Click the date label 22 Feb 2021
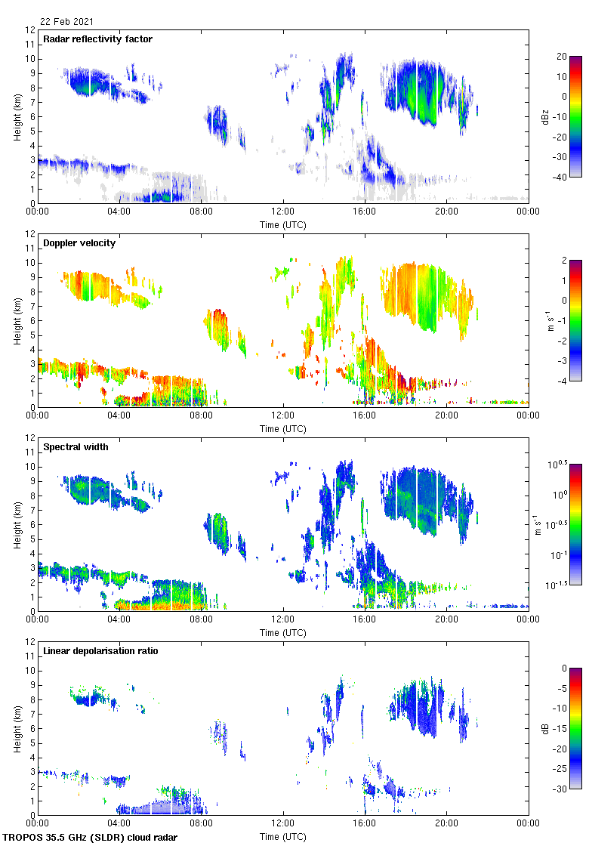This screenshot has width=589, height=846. (x=66, y=22)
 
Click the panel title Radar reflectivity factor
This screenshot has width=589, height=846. (x=98, y=39)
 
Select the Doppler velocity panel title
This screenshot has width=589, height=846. (x=79, y=243)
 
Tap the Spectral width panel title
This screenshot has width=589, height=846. (x=75, y=447)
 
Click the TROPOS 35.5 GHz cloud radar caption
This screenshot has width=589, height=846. (x=91, y=838)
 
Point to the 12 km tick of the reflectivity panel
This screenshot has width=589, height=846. (x=30, y=30)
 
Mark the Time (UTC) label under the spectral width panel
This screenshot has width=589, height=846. (x=283, y=633)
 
